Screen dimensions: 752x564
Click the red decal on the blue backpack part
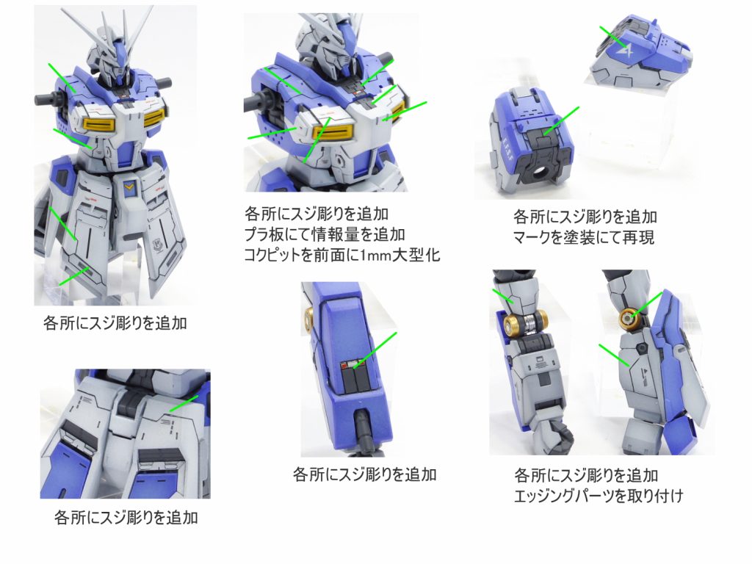tap(344, 366)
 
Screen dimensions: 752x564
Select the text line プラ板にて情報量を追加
tap(325, 234)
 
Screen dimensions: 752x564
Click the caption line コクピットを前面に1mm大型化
tap(342, 255)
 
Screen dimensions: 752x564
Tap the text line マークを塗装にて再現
tap(584, 237)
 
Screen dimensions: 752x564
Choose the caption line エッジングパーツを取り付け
tap(599, 496)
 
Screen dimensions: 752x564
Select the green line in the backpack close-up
tap(375, 350)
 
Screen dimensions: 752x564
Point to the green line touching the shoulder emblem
tap(612, 37)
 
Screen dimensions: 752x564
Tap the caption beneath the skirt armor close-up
tap(126, 518)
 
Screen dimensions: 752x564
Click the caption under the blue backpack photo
tap(364, 475)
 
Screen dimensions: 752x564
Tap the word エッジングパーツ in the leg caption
tap(563, 496)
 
